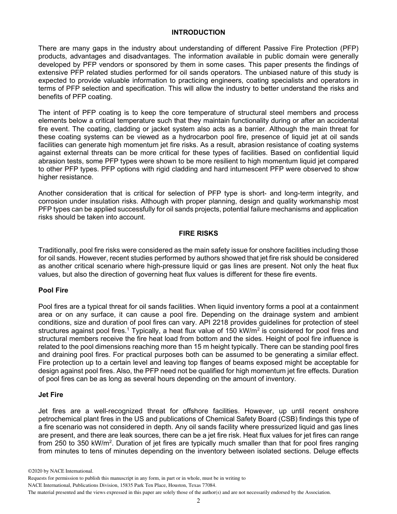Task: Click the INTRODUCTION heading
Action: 198,32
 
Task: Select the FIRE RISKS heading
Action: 198,234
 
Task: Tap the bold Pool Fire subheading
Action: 53,290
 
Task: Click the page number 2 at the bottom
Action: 198,501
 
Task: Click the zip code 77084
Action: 208,485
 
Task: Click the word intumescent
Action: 261,169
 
